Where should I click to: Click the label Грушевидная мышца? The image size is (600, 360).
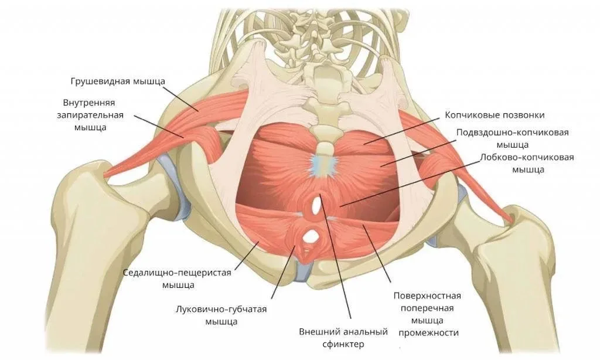118,81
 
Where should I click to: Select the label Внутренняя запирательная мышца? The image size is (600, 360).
90,115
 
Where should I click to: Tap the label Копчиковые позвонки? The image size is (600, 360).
495,115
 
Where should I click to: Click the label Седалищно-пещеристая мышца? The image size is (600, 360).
178,279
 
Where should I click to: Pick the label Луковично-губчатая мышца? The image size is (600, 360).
221,315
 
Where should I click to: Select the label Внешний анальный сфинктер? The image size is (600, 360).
343,337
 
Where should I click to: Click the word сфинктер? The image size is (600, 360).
343,344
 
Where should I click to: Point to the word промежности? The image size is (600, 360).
428,332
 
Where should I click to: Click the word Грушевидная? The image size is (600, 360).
101,81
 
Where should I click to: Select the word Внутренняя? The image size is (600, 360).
89,103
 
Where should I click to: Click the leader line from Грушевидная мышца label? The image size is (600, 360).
182,98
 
